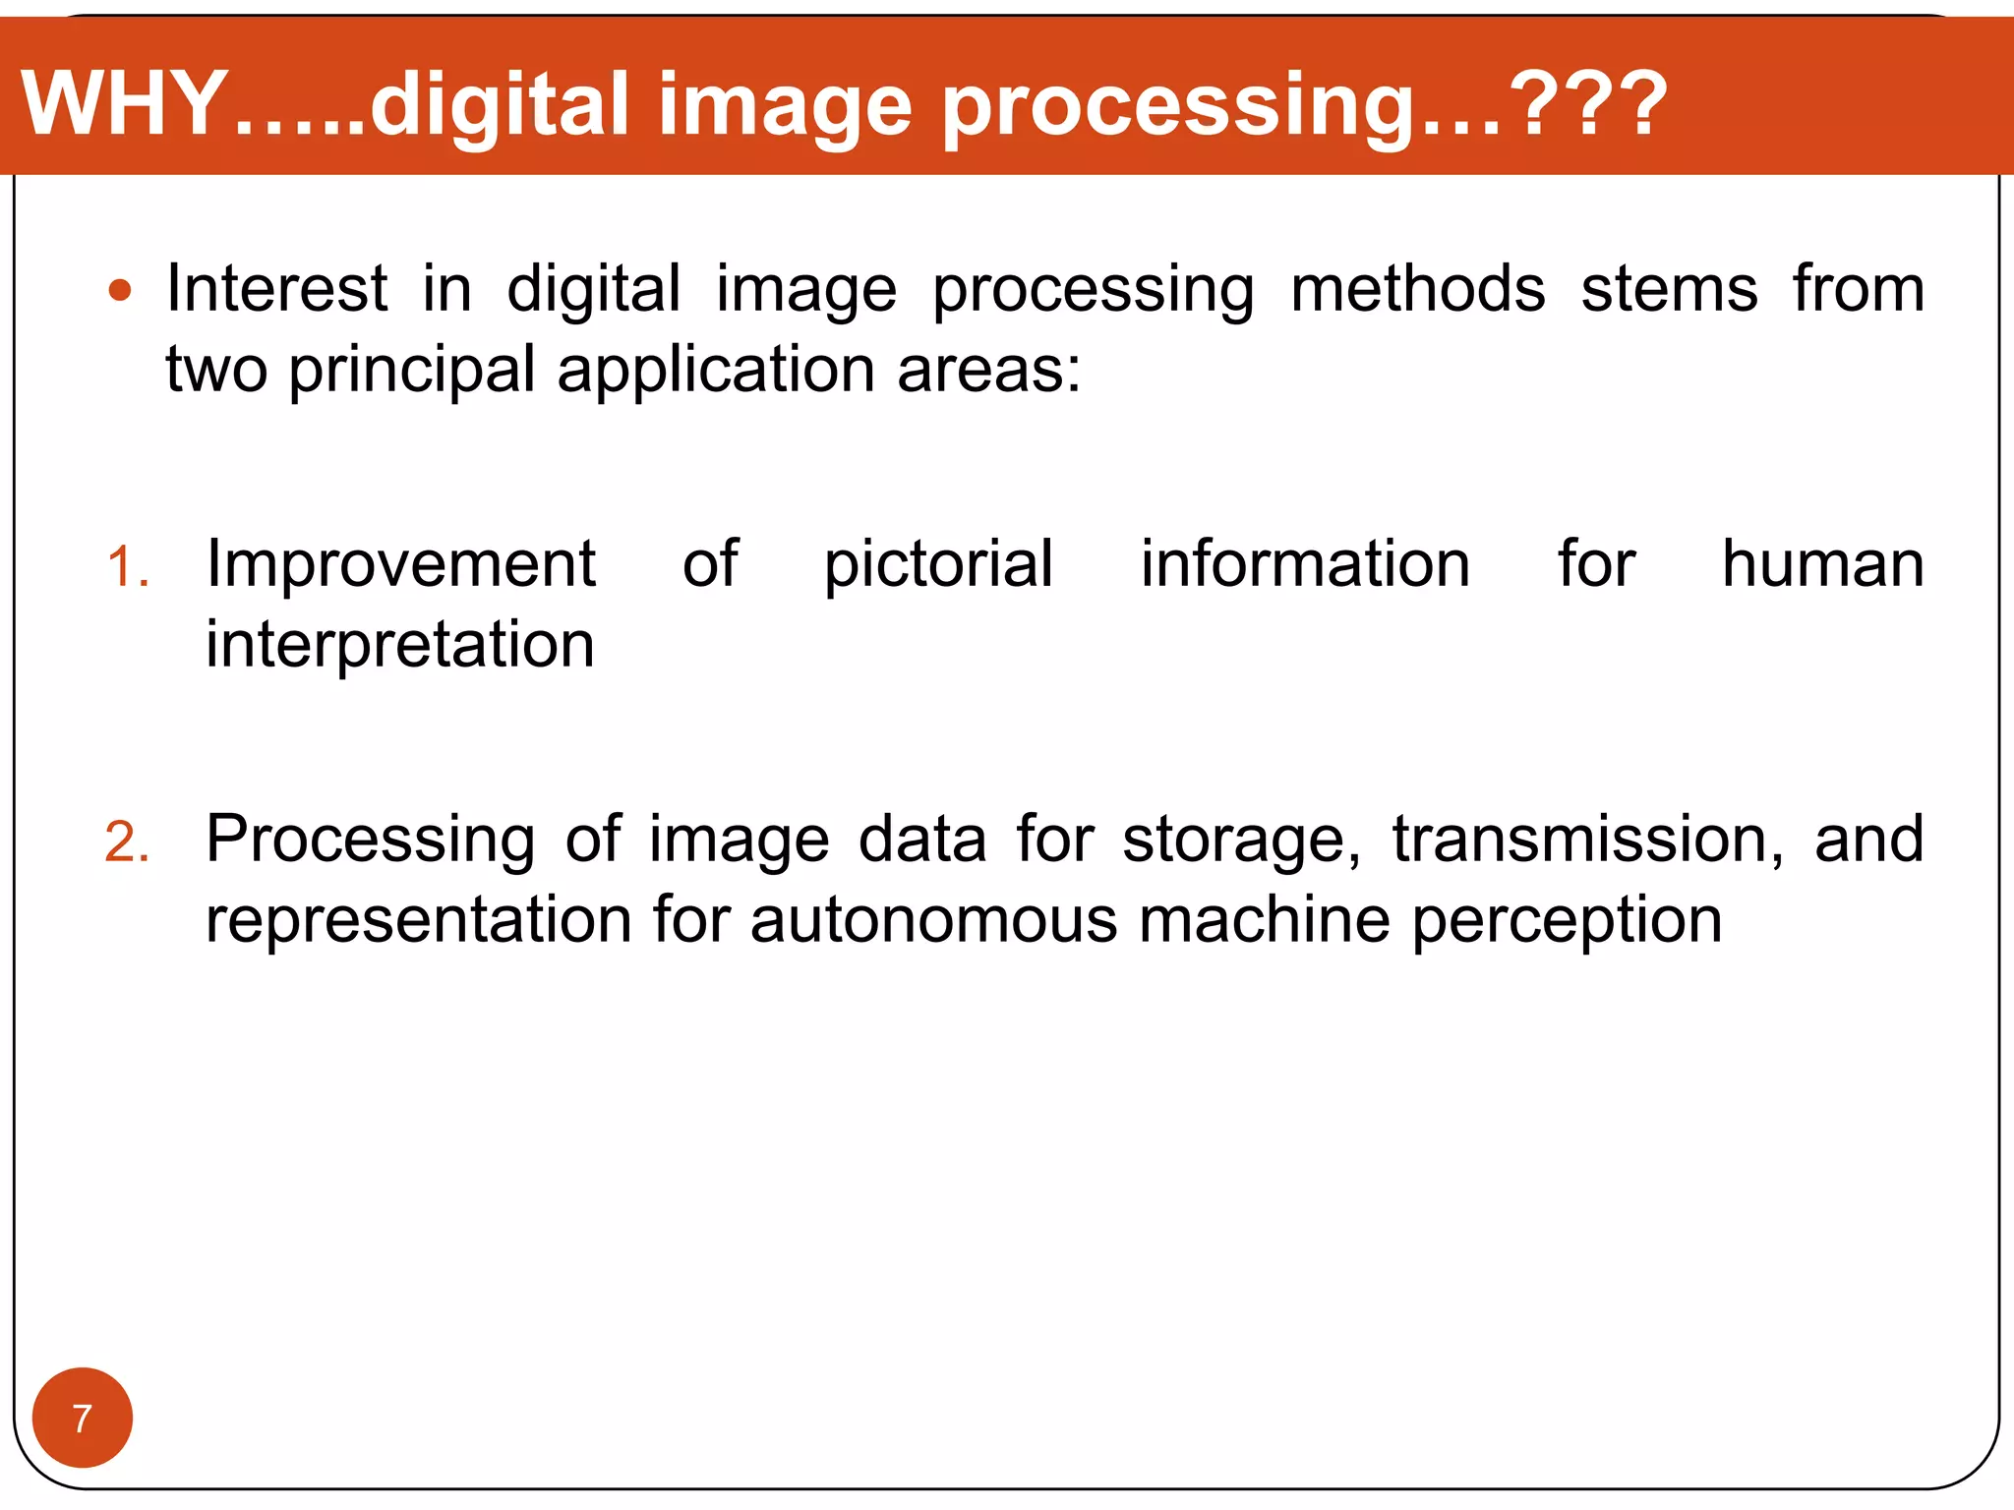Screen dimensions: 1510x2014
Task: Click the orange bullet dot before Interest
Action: click(120, 291)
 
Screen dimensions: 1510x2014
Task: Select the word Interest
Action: click(277, 289)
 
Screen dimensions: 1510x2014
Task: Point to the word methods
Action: click(1417, 289)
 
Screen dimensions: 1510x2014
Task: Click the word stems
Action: click(1669, 289)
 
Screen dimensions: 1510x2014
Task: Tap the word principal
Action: click(411, 372)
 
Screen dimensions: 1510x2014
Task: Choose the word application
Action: click(716, 372)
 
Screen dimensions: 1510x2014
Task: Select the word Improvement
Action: click(400, 564)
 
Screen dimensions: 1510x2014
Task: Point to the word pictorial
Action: click(938, 564)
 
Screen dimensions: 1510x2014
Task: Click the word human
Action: click(1822, 564)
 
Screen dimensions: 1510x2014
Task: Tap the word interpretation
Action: click(400, 645)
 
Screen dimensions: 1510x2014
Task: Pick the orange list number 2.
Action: click(127, 843)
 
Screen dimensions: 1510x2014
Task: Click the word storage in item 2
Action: click(1241, 840)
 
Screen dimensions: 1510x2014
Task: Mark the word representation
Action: click(419, 921)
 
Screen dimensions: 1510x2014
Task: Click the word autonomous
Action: click(934, 921)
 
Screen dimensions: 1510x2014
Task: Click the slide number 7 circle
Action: click(83, 1418)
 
